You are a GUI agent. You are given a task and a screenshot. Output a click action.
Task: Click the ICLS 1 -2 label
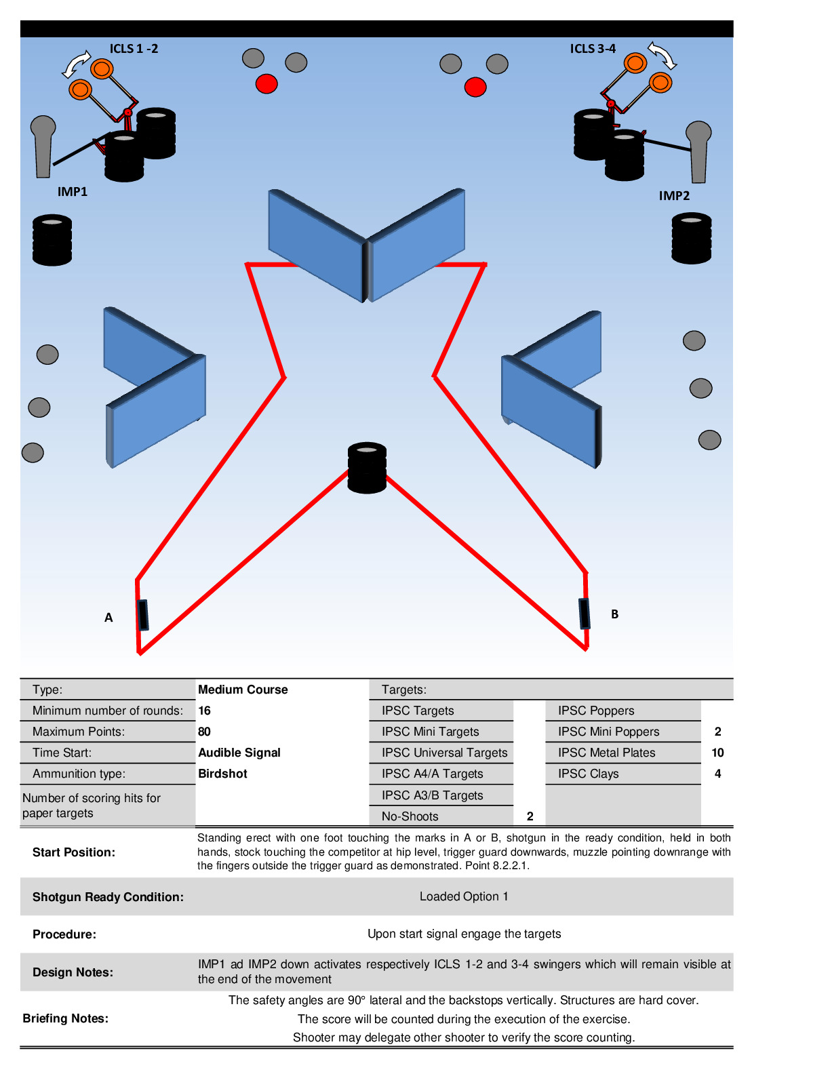coord(134,49)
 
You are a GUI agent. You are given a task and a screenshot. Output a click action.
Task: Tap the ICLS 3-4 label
coord(593,49)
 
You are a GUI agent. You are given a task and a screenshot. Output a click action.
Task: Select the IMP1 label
coord(72,192)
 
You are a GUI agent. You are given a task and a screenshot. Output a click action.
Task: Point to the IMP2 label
coord(674,196)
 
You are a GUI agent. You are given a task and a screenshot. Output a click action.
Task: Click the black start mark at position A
coord(142,615)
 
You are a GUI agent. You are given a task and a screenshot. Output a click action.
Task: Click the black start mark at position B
coord(584,614)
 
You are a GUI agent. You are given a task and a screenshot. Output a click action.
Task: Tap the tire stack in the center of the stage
coord(367,468)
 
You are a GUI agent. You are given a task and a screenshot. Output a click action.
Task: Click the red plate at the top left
coord(266,84)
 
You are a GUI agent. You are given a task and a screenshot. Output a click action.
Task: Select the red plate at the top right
coord(475,87)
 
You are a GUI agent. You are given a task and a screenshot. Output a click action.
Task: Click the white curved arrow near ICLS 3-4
coord(663,55)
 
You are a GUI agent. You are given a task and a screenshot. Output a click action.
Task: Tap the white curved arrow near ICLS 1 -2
coord(76,64)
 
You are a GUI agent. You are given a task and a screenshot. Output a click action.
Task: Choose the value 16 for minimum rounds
coord(204,710)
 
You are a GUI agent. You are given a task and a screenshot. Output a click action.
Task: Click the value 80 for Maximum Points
coord(204,732)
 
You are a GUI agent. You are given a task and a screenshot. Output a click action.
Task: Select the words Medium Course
coord(243,690)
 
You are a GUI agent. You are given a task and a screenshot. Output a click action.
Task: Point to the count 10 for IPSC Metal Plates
coord(717,753)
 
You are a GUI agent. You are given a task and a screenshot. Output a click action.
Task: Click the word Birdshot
coord(222,774)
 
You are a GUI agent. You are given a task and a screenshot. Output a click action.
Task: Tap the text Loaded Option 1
coord(464,896)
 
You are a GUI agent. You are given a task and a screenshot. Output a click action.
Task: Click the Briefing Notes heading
coord(65,1018)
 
